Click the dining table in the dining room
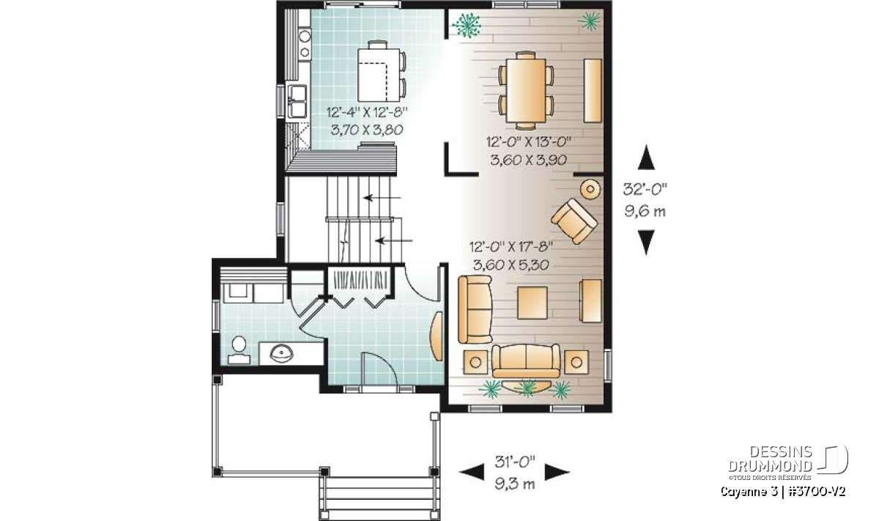tap(526, 90)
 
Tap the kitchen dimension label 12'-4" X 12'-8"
tap(367, 113)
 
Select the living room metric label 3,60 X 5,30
tap(511, 265)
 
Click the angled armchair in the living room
tap(574, 221)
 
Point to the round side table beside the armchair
tap(590, 189)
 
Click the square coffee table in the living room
tap(533, 303)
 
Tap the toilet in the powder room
tap(239, 350)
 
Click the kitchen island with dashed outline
tap(379, 75)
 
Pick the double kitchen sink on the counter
tap(297, 101)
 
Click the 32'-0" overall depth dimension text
tap(645, 189)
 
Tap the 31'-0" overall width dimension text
tap(515, 462)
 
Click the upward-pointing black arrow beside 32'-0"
tap(646, 157)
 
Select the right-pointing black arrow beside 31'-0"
tap(557, 471)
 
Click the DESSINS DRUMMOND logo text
tap(770, 459)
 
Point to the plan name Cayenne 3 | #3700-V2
tap(783, 492)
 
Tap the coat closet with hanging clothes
tap(360, 279)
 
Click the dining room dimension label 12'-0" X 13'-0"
tap(529, 141)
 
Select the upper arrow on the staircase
tap(382, 198)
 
